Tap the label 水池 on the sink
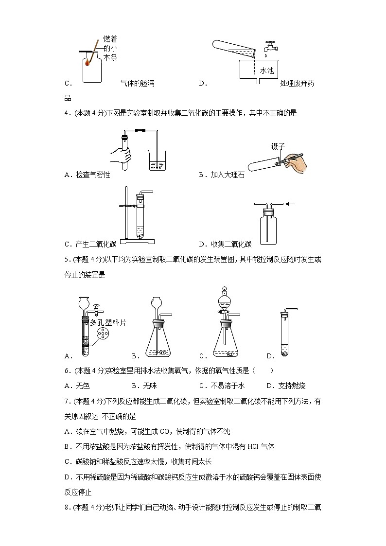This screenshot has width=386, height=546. tap(267, 70)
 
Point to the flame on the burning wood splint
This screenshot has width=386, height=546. tap(87, 62)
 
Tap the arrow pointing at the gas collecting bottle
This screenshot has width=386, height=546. tap(291, 204)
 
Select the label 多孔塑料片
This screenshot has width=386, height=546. tap(106, 322)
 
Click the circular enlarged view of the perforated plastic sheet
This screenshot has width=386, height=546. tap(103, 334)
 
